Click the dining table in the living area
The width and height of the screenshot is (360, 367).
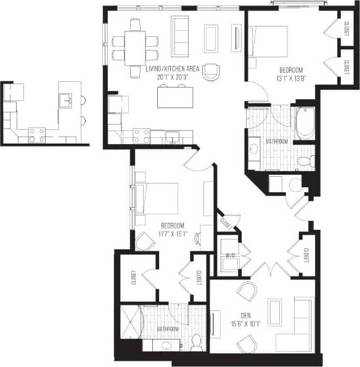click(135, 46)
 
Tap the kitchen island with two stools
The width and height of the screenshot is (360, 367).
click(173, 96)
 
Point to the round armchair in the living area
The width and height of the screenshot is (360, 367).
click(211, 72)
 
